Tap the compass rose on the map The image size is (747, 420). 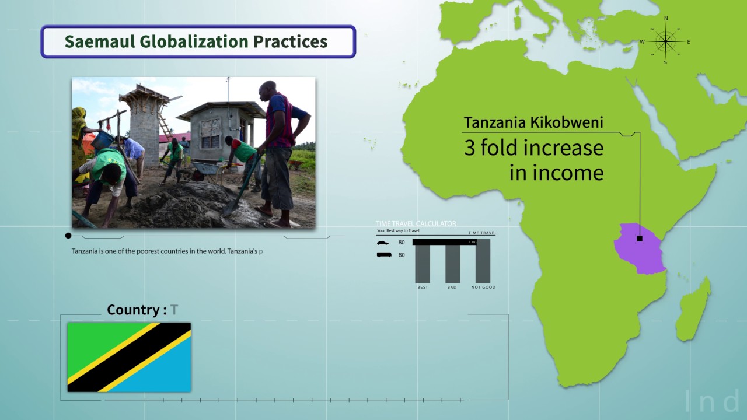tap(665, 41)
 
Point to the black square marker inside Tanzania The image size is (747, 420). tap(640, 239)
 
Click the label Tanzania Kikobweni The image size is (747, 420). tap(533, 123)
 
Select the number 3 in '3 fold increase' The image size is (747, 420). tap(470, 148)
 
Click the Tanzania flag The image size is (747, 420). tap(129, 357)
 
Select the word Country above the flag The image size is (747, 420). tap(132, 310)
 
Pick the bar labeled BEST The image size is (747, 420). tap(423, 264)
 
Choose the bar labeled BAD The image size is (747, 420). tap(452, 264)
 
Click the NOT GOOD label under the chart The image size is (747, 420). tap(483, 287)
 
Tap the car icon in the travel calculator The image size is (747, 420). tap(383, 243)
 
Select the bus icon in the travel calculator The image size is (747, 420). tap(383, 254)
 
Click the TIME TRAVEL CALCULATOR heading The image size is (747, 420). tap(416, 224)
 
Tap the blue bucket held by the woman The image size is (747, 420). tap(103, 140)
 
